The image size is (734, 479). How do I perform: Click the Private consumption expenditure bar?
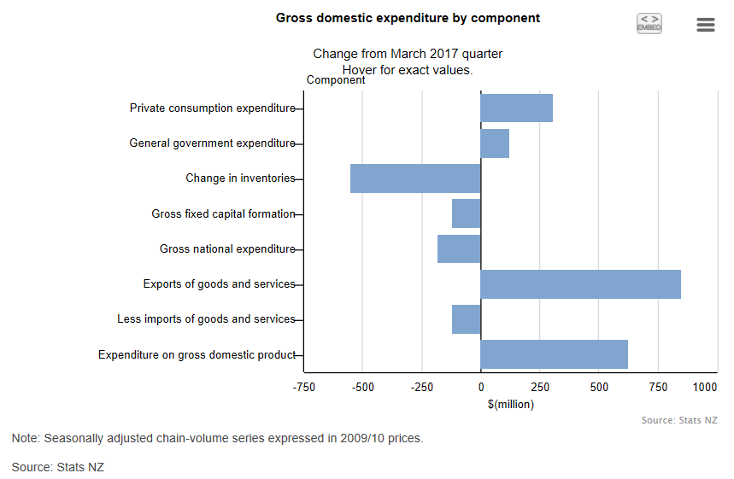[x=516, y=108]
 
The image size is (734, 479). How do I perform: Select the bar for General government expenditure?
[x=495, y=143]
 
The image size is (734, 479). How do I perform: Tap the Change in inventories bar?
[x=415, y=178]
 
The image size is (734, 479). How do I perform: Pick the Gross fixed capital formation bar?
[x=467, y=213]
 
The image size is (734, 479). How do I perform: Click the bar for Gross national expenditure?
[x=459, y=249]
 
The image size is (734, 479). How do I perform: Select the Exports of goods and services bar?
[x=580, y=284]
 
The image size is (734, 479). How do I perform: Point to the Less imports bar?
[x=467, y=319]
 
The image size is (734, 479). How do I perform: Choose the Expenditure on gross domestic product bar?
[x=554, y=354]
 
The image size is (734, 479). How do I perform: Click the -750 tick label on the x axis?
[x=304, y=388]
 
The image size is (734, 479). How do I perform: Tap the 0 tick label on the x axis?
[x=481, y=388]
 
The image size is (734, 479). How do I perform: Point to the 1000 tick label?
[x=705, y=388]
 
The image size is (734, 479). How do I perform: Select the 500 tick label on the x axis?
[x=598, y=388]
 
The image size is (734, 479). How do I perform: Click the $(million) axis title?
[x=511, y=405]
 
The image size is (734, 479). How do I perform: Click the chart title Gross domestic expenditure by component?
[x=408, y=18]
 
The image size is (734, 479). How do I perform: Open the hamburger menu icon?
[x=705, y=25]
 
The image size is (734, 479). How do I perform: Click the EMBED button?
[x=649, y=24]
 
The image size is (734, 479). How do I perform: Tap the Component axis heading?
[x=336, y=80]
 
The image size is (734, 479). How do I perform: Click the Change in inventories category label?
[x=240, y=178]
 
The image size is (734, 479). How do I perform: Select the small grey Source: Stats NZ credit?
[x=678, y=420]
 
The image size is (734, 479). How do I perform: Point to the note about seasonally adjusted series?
[x=217, y=438]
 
